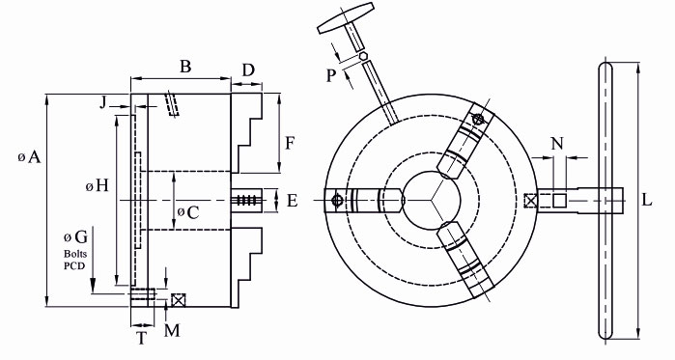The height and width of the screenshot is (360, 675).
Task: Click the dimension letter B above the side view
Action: click(185, 67)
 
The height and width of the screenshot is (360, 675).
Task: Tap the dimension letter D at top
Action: click(248, 70)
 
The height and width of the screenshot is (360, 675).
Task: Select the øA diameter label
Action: click(29, 157)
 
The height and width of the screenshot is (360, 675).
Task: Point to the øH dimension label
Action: click(97, 186)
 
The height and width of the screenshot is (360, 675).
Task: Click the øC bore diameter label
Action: click(188, 212)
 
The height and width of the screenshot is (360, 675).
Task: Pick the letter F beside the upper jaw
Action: click(290, 143)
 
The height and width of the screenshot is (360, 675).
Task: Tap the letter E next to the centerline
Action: click(293, 201)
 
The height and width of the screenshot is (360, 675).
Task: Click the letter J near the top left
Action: click(102, 102)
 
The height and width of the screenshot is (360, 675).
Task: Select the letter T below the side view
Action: click(142, 339)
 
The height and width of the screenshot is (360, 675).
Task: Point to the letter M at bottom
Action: click(172, 330)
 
